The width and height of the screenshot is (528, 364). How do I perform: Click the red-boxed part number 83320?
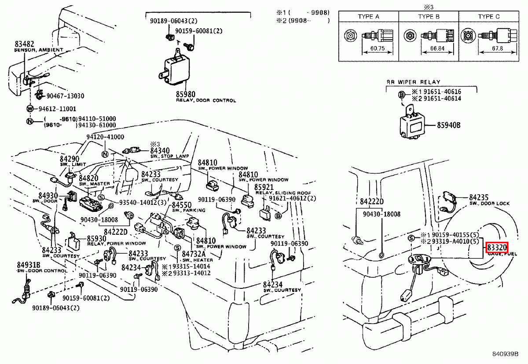pos(497,248)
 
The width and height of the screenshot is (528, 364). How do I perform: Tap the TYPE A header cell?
pos(368,17)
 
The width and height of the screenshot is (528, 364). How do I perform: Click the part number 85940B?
pos(448,125)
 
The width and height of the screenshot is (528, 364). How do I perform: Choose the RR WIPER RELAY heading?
pos(413,82)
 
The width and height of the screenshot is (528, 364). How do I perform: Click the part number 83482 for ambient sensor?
pos(24,44)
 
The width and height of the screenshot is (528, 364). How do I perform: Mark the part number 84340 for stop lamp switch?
pos(160,151)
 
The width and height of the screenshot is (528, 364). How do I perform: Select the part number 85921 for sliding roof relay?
pos(264,187)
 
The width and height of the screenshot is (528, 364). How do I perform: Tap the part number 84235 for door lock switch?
pos(479,197)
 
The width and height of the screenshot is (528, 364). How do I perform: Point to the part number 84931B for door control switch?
pos(29,265)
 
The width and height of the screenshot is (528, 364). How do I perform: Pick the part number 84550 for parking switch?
pos(181,205)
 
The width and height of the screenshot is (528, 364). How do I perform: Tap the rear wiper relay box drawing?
pos(414,125)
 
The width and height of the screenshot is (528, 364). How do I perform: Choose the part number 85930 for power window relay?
pos(96,238)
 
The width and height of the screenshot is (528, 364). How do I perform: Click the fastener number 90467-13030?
pos(65,96)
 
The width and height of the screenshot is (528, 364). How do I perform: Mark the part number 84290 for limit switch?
pos(69,159)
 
